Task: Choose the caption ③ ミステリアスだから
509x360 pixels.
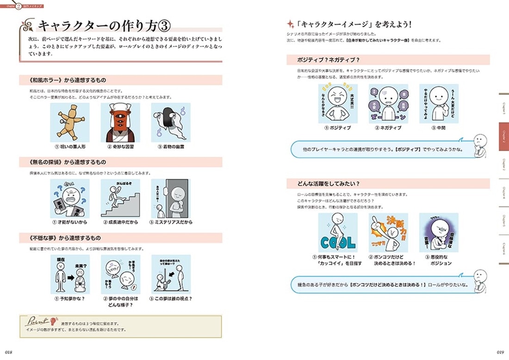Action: [x=171, y=222]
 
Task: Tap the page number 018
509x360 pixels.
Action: [x=8, y=352]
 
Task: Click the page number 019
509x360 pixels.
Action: [x=500, y=352]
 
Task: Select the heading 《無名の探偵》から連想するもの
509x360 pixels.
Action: [x=64, y=162]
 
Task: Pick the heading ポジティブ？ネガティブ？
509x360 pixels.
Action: [x=329, y=60]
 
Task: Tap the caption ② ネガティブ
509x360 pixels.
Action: [x=388, y=128]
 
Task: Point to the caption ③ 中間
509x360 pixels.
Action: [x=439, y=128]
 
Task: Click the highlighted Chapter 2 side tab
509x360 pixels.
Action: [x=503, y=137]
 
